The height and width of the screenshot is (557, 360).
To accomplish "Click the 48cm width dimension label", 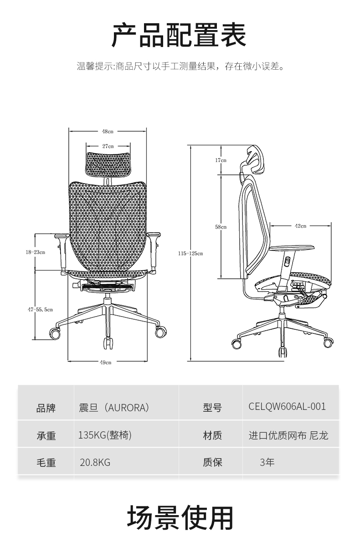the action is coord(108,131).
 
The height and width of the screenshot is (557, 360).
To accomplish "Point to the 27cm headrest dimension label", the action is coord(108,146).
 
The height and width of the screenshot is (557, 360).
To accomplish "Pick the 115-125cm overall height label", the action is coord(190,253).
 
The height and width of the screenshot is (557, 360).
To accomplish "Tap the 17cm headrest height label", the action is coord(221,160).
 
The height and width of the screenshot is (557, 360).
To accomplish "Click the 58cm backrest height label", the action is coord(221,226).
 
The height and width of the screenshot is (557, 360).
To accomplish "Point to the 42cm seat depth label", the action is coord(300,225).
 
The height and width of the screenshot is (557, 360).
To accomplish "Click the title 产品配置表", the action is coord(180,36).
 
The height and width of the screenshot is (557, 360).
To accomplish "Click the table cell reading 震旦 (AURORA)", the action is coord(114,407).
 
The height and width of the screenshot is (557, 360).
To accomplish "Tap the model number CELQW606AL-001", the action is coord(288,406).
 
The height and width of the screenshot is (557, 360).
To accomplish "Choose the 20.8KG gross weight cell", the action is coord(95,463).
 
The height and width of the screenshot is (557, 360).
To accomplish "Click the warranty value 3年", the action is coord(267,463).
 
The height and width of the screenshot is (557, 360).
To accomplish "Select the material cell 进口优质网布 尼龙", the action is coord(288,435).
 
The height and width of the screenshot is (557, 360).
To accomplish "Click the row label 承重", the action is coord(46,436).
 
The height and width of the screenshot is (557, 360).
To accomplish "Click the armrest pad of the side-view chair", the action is coord(292,248).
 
